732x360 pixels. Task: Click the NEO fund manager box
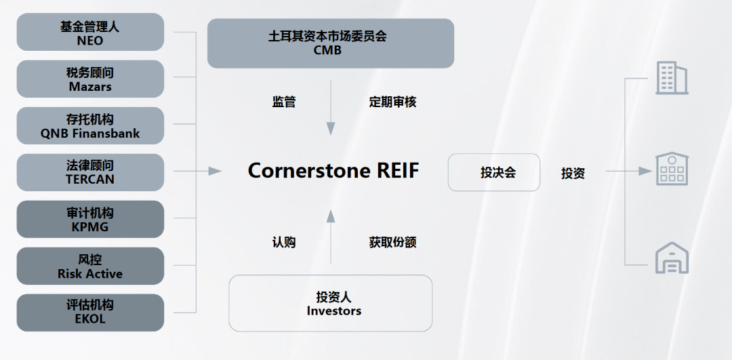(90, 32)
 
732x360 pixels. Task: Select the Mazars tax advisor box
(90, 79)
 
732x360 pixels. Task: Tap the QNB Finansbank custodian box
(90, 125)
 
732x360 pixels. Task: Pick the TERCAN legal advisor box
(90, 172)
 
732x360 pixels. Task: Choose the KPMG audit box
(90, 219)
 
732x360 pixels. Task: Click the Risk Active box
(90, 266)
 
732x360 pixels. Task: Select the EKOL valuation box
(90, 313)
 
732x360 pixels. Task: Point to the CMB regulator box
(330, 43)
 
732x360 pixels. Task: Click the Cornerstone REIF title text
(333, 170)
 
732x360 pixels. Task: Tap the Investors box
(330, 303)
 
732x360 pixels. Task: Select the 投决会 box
(493, 172)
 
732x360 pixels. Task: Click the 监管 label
(284, 102)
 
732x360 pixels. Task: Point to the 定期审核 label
(392, 102)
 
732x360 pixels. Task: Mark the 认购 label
(284, 242)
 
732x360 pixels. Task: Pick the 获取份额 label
(392, 242)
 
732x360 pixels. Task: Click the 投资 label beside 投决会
(573, 173)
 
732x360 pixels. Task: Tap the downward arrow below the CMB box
(331, 108)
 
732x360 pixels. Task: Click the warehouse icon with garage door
(672, 258)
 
